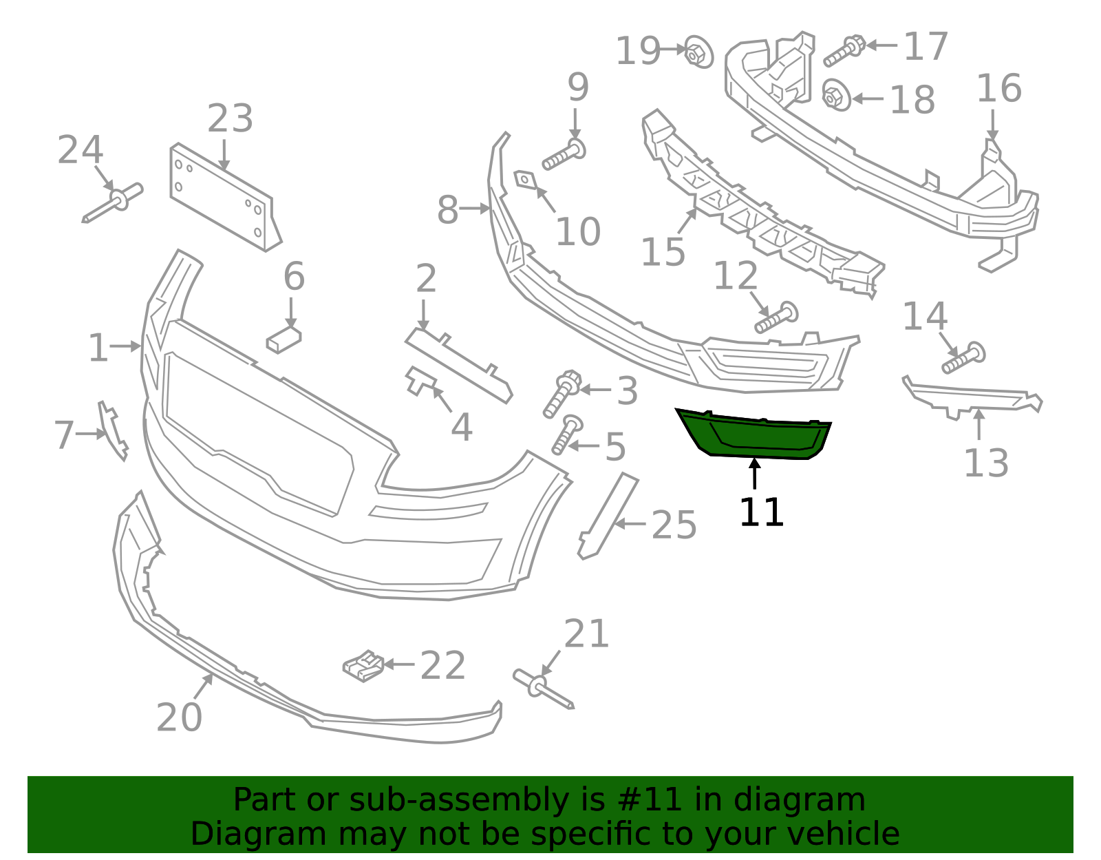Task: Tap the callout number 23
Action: [x=230, y=118]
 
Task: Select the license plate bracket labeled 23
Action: [x=226, y=198]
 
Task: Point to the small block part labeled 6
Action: [x=284, y=339]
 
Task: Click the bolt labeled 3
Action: [x=562, y=393]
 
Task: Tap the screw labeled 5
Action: [x=567, y=434]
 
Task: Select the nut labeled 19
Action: [x=698, y=52]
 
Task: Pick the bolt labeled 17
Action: [x=844, y=51]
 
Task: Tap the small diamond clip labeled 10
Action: [x=525, y=179]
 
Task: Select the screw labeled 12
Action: [x=776, y=317]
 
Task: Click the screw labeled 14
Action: [x=963, y=358]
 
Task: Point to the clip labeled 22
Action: [x=363, y=666]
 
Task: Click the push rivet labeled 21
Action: [x=543, y=689]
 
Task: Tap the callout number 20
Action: [x=180, y=717]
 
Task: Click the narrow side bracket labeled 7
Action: [x=113, y=431]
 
